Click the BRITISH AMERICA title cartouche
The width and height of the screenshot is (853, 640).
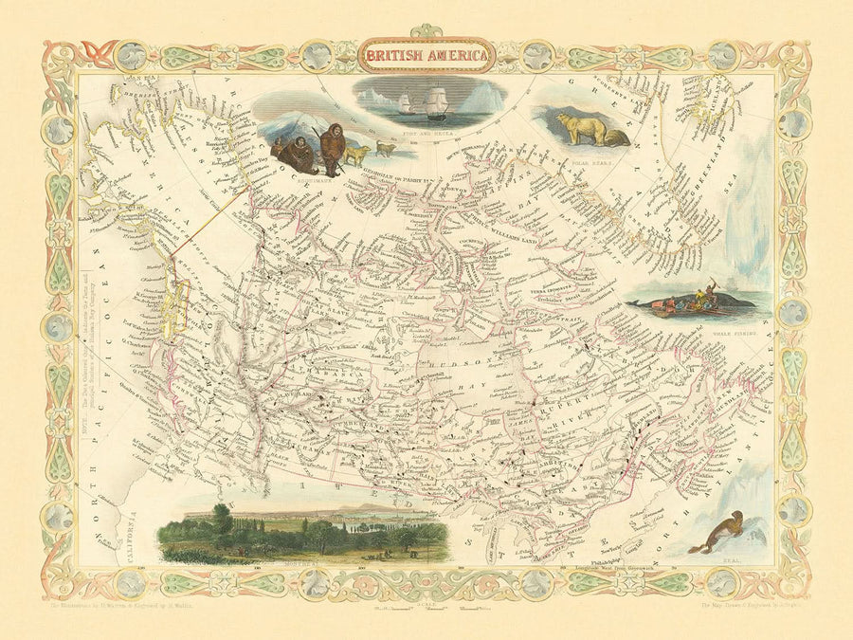click(x=426, y=56)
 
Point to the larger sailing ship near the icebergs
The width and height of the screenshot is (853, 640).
click(x=437, y=101)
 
